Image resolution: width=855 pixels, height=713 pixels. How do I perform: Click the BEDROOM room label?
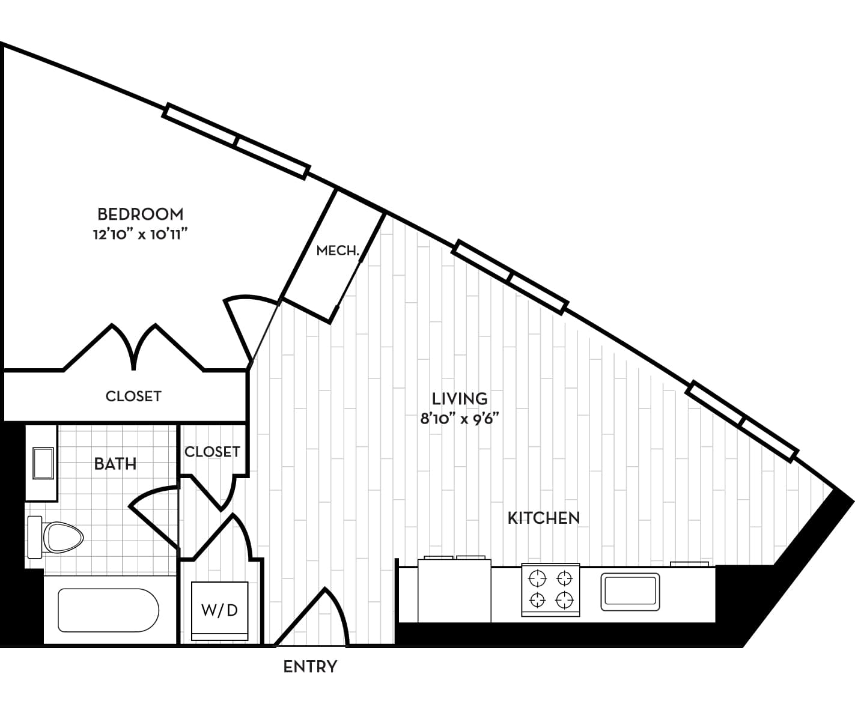click(x=140, y=214)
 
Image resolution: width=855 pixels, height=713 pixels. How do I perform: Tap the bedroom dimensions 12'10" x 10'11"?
click(x=140, y=234)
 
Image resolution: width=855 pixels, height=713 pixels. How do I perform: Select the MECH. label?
click(x=338, y=250)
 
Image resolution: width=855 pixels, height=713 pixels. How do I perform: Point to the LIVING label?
click(x=460, y=399)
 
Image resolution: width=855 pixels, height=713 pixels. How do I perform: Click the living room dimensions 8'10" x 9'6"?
click(x=460, y=419)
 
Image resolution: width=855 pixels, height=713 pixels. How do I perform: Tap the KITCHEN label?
click(x=543, y=518)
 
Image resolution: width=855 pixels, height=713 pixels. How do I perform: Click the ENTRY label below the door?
click(x=310, y=667)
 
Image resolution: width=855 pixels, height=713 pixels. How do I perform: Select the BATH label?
click(x=115, y=464)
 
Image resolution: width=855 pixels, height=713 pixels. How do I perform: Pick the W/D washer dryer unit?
click(x=220, y=611)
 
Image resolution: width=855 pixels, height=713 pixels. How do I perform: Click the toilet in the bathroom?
click(x=55, y=537)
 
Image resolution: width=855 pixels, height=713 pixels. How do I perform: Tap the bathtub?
click(x=109, y=610)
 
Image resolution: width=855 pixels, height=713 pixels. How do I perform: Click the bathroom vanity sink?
click(x=43, y=463)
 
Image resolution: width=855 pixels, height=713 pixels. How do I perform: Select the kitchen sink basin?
click(x=630, y=592)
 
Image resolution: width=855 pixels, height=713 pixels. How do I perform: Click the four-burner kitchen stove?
click(x=550, y=590)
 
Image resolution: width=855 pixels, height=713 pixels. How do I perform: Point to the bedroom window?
click(x=236, y=142)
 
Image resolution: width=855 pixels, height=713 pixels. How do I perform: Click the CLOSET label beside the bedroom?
click(x=133, y=396)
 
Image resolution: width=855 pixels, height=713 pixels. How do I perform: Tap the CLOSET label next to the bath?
click(x=212, y=452)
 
